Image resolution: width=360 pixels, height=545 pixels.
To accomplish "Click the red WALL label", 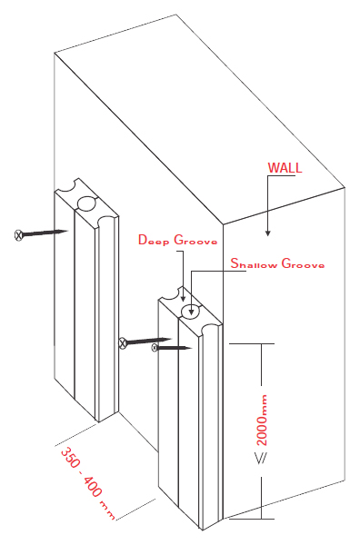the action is pyautogui.click(x=285, y=168).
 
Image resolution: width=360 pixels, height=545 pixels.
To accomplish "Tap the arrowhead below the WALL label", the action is pyautogui.click(x=267, y=233).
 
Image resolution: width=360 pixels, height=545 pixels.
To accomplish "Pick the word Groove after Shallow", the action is pyautogui.click(x=303, y=263).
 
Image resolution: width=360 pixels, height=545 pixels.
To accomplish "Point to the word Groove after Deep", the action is pyautogui.click(x=195, y=240).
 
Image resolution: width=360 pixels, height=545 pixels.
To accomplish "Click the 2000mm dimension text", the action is pyautogui.click(x=262, y=421).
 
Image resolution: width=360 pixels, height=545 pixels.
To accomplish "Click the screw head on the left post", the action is pyautogui.click(x=19, y=235).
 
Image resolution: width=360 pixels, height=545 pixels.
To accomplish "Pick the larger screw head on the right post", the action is pyautogui.click(x=123, y=343).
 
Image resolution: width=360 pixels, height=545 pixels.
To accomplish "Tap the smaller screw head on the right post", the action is pyautogui.click(x=155, y=347).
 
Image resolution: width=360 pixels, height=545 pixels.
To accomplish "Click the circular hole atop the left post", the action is pyautogui.click(x=86, y=203).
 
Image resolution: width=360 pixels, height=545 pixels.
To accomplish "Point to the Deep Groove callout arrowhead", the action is pyautogui.click(x=183, y=298).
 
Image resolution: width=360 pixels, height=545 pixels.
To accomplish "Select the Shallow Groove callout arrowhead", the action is pyautogui.click(x=191, y=312).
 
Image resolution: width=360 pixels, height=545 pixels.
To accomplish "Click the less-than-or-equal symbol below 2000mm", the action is pyautogui.click(x=262, y=459).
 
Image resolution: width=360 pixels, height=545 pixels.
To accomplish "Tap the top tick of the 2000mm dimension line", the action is pyautogui.click(x=252, y=343).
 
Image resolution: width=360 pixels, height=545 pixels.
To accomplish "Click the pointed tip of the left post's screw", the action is pyautogui.click(x=67, y=231).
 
